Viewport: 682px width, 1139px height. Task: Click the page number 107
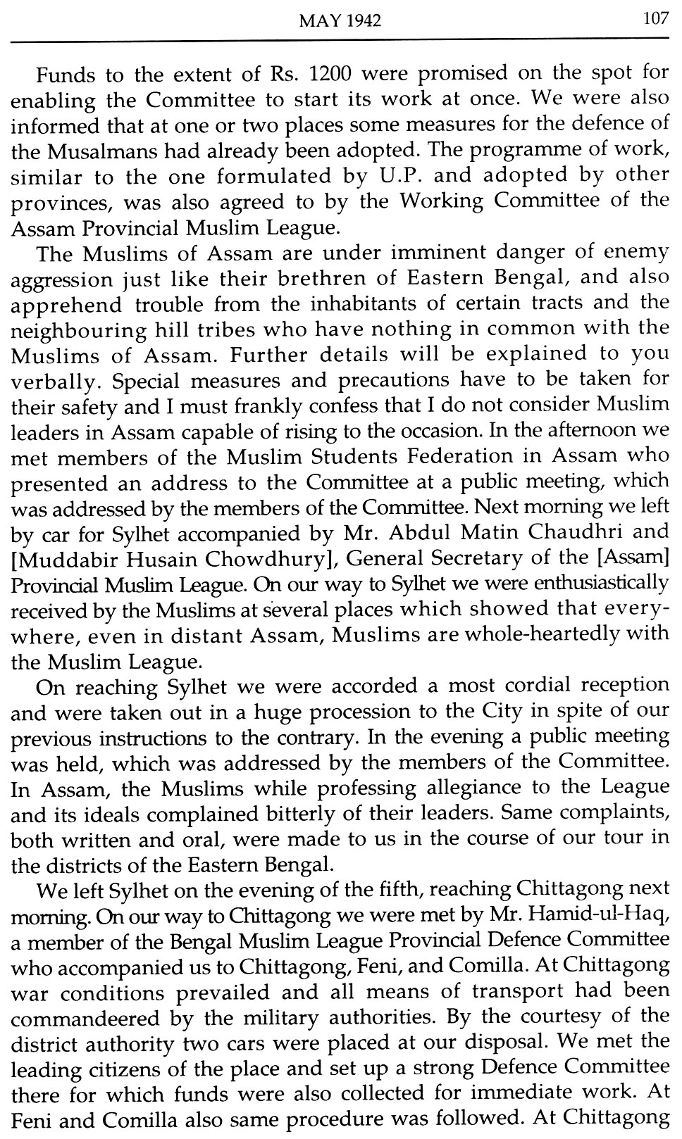tap(655, 19)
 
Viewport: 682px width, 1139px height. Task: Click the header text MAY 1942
tap(340, 21)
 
